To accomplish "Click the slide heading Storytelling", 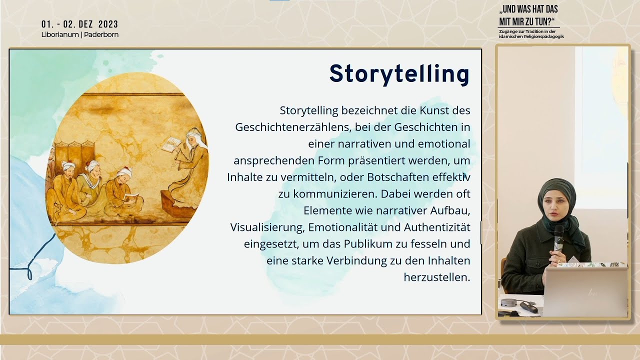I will point(399,74).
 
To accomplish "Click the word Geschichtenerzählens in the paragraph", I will point(287,127).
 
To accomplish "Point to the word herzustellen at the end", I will point(436,277).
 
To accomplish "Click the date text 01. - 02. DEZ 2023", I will point(80,24).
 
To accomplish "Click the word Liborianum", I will point(59,35).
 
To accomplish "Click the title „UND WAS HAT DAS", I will point(528,9).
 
